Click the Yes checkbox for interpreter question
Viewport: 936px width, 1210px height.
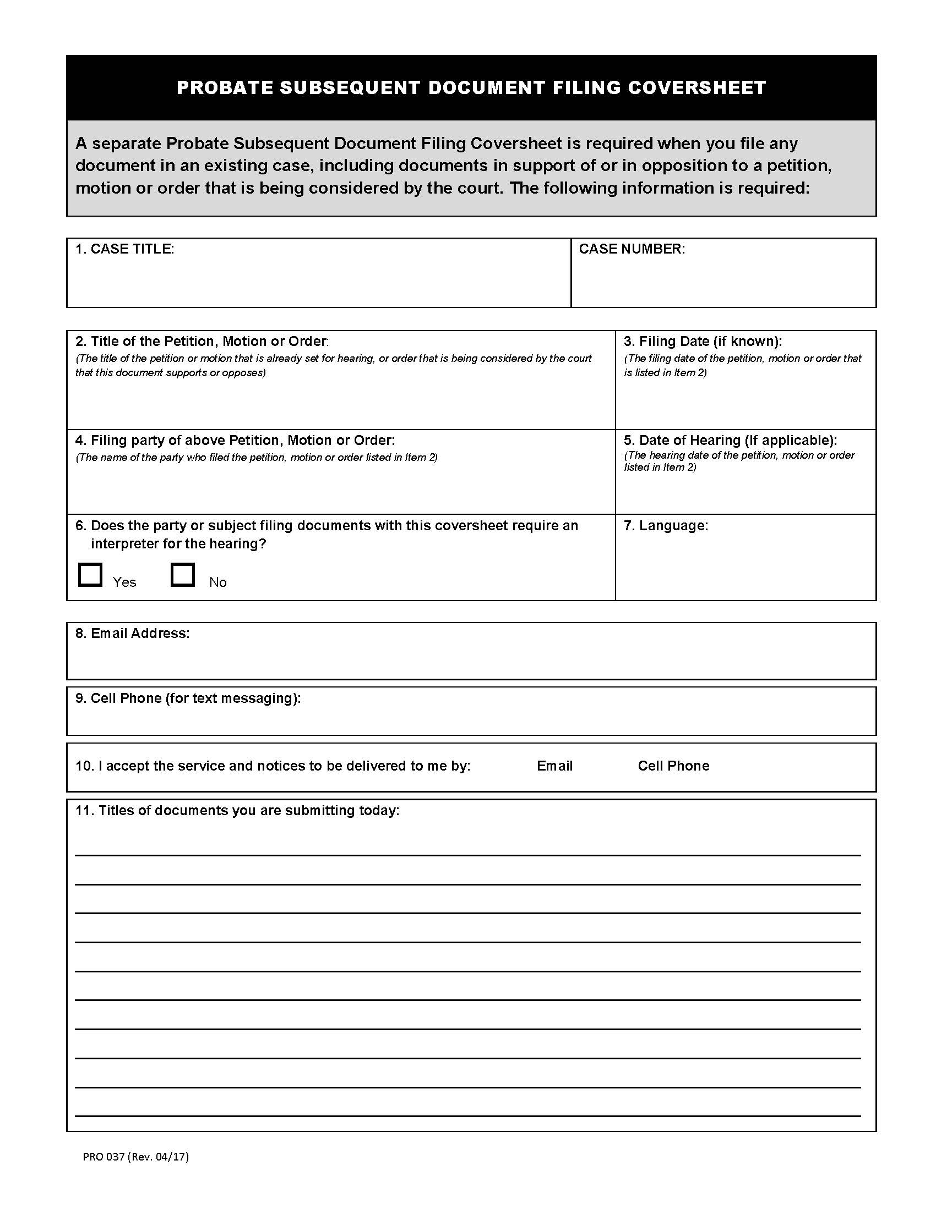click(x=90, y=575)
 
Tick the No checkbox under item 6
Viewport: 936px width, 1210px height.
click(x=182, y=575)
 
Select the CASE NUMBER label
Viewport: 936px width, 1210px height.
click(x=632, y=249)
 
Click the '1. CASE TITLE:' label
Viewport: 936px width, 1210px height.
click(x=125, y=249)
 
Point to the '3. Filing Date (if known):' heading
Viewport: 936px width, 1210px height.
click(x=703, y=341)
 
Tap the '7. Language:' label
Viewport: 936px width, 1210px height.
click(x=666, y=525)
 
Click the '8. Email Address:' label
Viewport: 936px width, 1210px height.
click(x=133, y=633)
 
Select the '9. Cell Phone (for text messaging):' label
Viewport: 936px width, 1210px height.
click(x=188, y=698)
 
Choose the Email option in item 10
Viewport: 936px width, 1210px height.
click(x=554, y=766)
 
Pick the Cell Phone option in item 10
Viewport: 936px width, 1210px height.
click(x=673, y=766)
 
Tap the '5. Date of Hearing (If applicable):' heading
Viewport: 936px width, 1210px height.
click(x=730, y=440)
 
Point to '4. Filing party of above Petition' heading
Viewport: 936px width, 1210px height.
click(x=235, y=440)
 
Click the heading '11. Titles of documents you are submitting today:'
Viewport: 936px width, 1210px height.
click(x=237, y=810)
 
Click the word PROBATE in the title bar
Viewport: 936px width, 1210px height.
click(x=225, y=87)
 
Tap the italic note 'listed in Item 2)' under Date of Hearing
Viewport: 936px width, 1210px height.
click(x=660, y=467)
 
